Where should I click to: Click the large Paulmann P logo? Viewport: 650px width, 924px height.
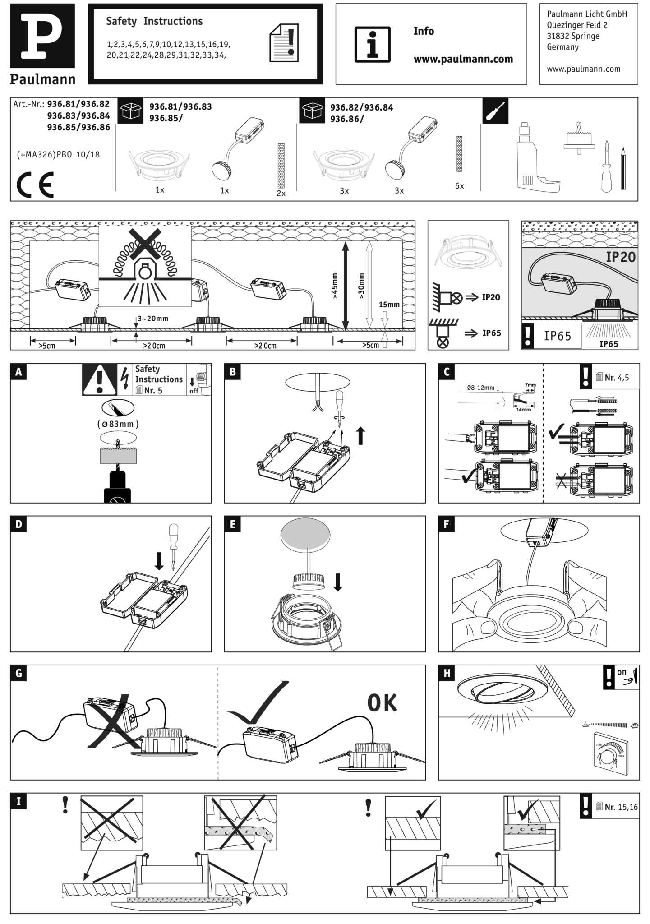[x=42, y=36]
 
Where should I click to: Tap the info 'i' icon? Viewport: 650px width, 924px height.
[x=372, y=44]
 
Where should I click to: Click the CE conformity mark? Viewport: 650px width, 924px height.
[x=35, y=184]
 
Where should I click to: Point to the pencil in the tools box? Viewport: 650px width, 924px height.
[x=623, y=168]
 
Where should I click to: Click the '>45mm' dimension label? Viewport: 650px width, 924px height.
[x=335, y=286]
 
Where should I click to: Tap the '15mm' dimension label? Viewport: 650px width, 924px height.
[x=389, y=304]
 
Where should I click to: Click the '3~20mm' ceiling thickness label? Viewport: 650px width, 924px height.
[x=153, y=319]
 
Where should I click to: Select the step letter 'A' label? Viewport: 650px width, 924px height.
[x=18, y=372]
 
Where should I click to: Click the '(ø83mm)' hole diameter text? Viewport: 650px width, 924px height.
[x=118, y=424]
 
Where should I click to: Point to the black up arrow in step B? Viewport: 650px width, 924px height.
[x=360, y=436]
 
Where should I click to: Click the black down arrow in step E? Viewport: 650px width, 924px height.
[x=338, y=582]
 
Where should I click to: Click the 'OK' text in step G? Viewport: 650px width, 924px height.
[x=382, y=702]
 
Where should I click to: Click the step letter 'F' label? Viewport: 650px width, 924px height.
[x=446, y=524]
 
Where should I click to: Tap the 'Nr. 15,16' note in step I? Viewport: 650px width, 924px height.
[x=621, y=807]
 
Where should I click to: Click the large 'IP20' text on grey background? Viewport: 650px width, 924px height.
[x=621, y=257]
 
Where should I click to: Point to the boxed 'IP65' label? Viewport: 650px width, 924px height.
[x=558, y=336]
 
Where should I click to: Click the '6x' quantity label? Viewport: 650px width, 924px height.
[x=459, y=186]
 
